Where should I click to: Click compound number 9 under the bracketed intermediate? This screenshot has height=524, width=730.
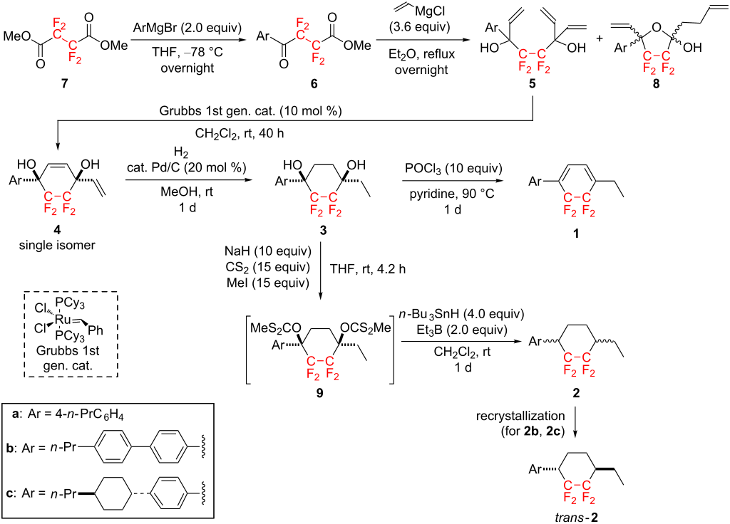[x=320, y=393]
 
